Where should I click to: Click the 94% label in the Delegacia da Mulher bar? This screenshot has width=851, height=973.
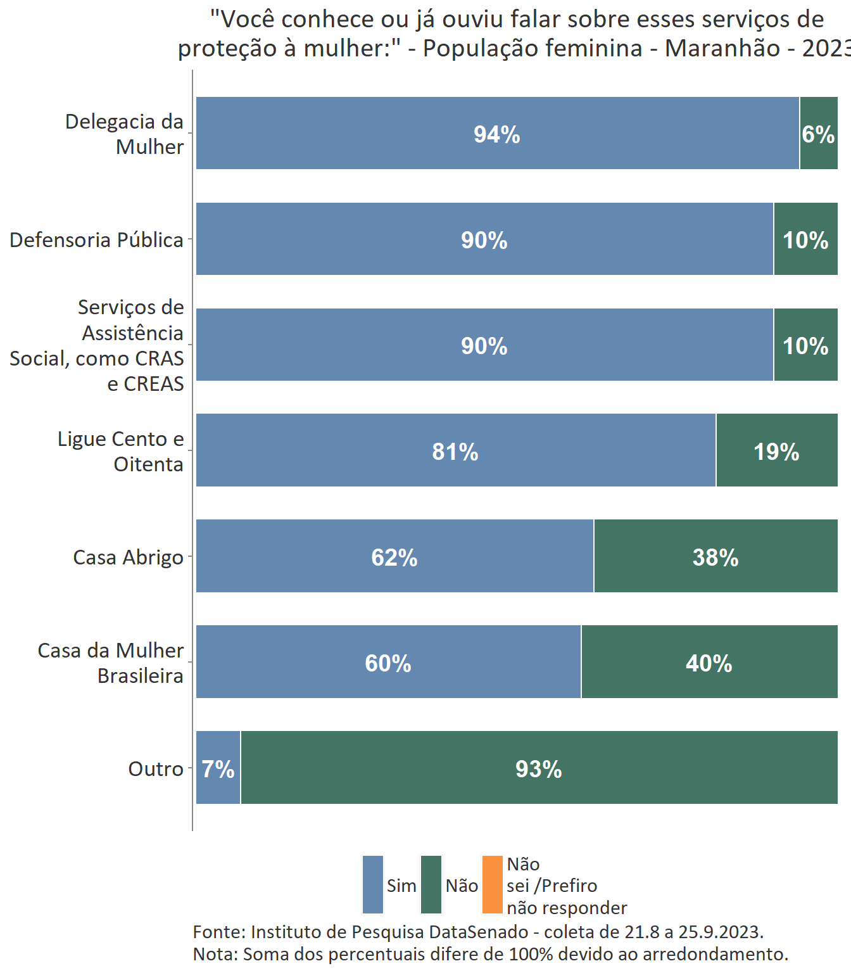click(497, 134)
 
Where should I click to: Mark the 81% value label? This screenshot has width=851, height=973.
click(455, 452)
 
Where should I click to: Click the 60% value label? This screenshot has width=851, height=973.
click(388, 663)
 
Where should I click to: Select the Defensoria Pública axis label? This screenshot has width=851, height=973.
click(96, 240)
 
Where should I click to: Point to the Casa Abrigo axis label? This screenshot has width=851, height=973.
click(128, 557)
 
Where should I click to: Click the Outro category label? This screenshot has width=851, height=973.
click(156, 769)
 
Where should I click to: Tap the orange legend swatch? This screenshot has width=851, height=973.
click(492, 885)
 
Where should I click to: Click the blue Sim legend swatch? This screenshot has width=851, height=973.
click(373, 885)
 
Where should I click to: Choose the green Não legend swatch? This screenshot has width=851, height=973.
click(431, 885)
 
